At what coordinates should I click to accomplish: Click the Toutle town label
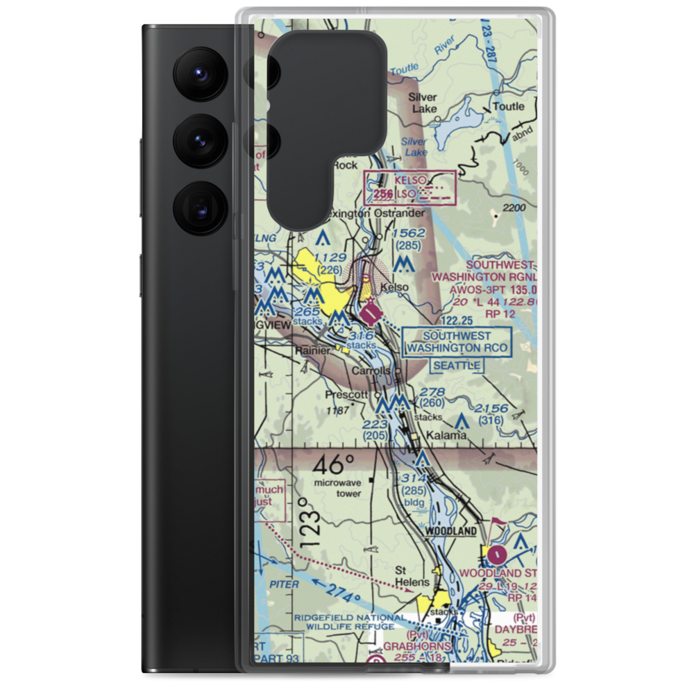pos(509,107)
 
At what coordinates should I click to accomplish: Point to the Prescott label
pos(347,394)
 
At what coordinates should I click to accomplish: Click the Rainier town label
pos(313,351)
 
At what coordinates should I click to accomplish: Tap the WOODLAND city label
pos(451,531)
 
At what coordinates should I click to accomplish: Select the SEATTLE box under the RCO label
pos(457,365)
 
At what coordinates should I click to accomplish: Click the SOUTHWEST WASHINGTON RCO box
pos(457,341)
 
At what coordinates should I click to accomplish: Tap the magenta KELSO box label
pos(409,180)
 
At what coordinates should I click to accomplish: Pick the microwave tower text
pos(337,488)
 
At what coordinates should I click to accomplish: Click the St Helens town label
pos(412,577)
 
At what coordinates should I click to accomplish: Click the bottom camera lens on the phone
pos(198,207)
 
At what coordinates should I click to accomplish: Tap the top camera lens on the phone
pos(198,73)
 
